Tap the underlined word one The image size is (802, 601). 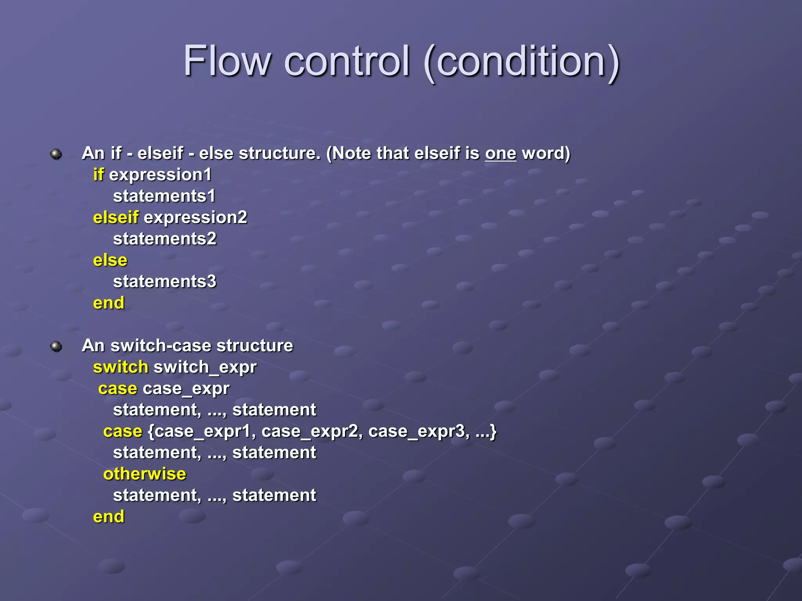click(x=500, y=153)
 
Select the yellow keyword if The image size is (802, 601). click(x=98, y=175)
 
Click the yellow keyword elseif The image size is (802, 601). click(x=116, y=218)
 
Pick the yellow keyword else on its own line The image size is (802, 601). click(x=110, y=260)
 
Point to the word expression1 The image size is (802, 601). click(x=160, y=175)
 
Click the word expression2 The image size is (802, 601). click(x=195, y=218)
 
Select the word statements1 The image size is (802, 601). click(x=164, y=196)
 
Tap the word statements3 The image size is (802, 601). click(x=164, y=282)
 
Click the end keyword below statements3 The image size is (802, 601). click(x=108, y=303)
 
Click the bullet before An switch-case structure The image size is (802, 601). click(x=56, y=346)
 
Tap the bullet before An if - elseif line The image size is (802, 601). click(x=56, y=154)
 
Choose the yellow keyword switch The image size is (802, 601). click(x=121, y=367)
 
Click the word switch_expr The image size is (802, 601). click(x=205, y=367)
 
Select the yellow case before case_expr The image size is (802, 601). click(x=117, y=389)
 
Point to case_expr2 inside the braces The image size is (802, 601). click(x=309, y=432)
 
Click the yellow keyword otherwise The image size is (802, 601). click(x=145, y=474)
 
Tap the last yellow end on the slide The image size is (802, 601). click(x=108, y=517)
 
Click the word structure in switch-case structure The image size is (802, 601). click(x=255, y=346)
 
